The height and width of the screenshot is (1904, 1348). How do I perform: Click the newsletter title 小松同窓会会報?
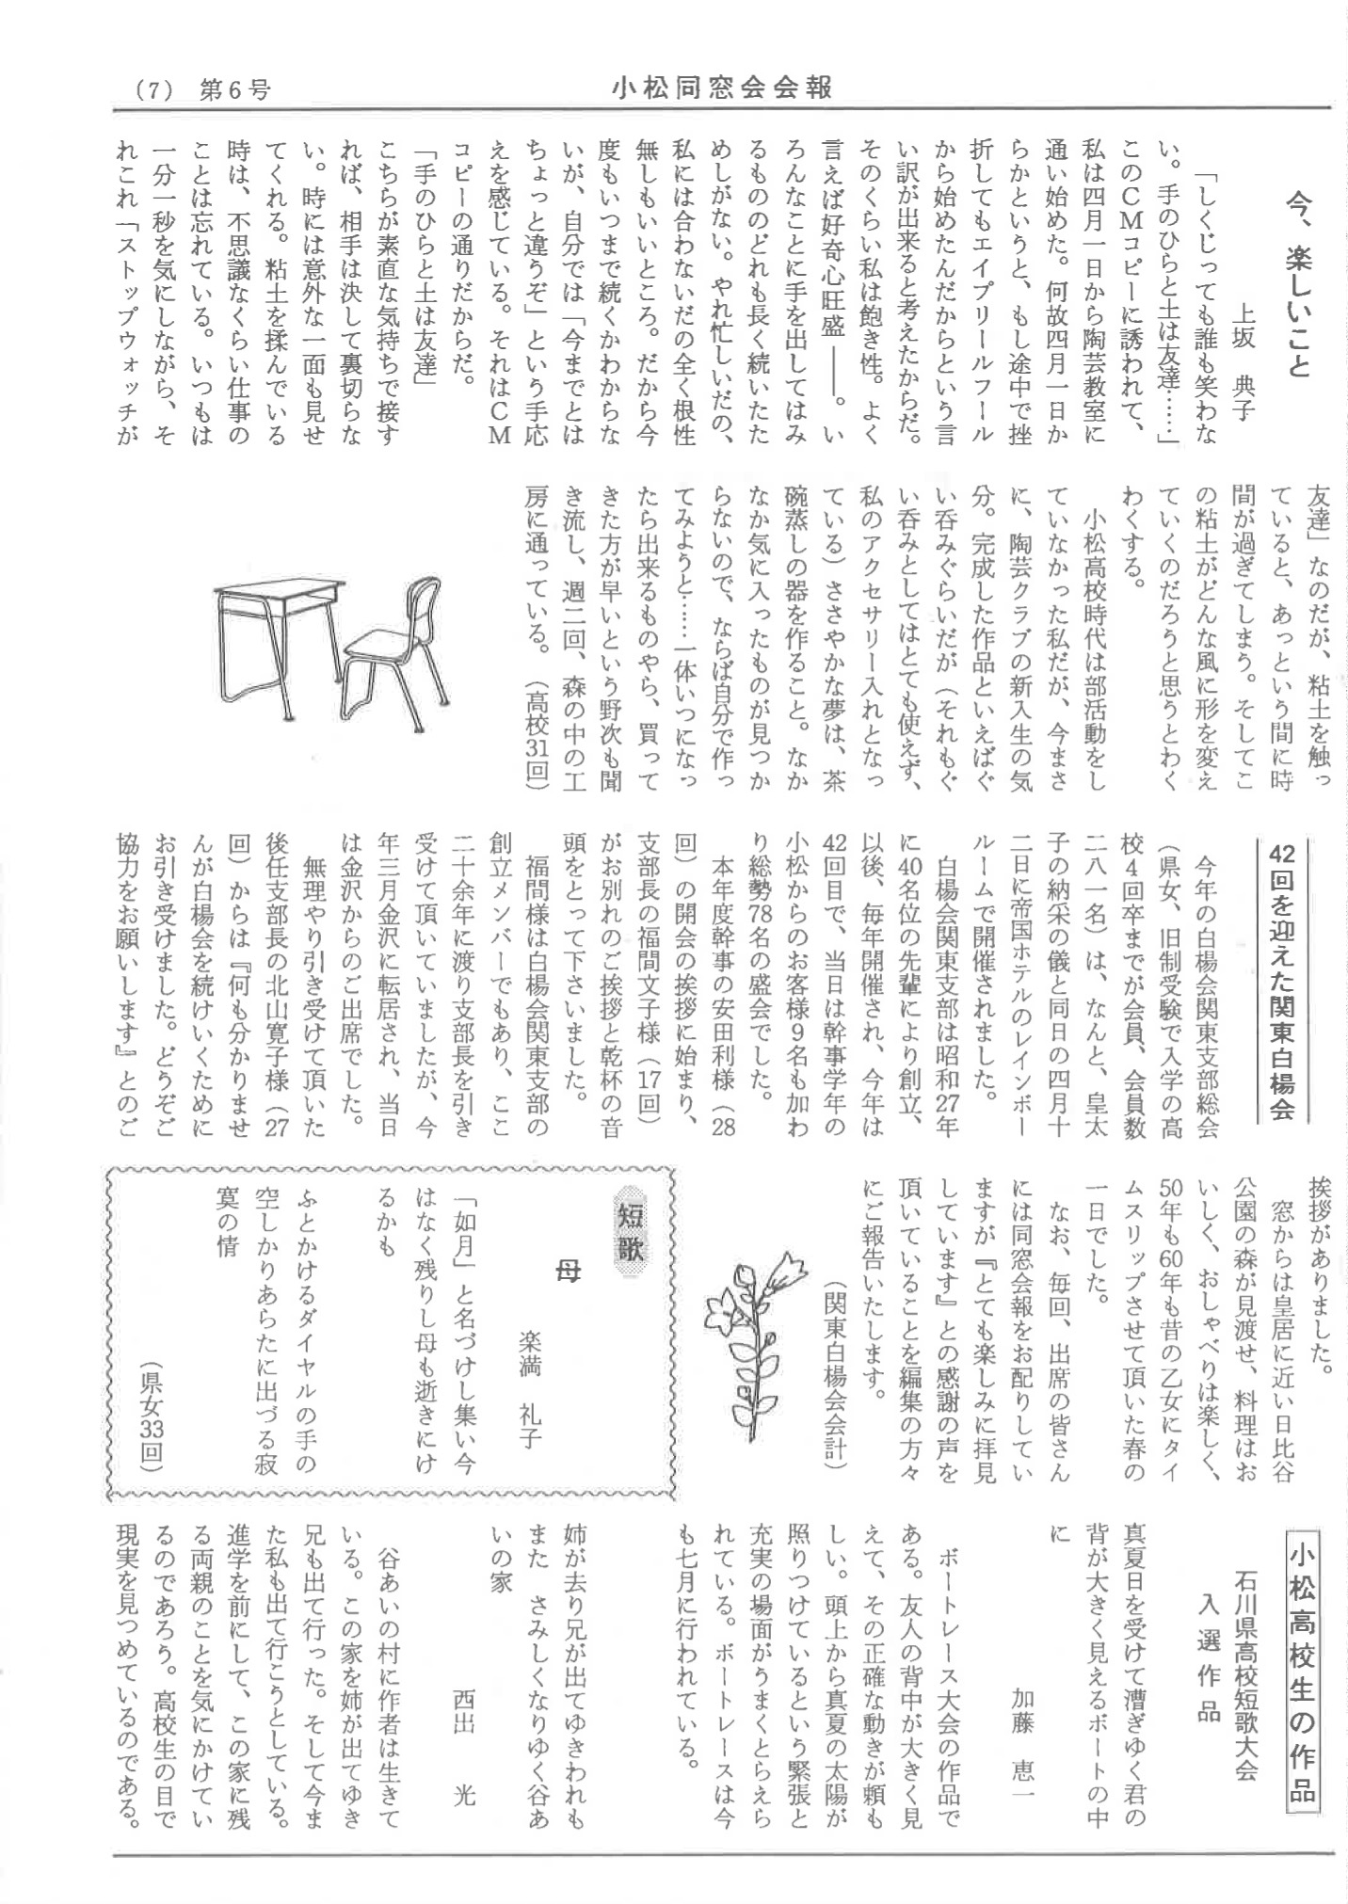722,88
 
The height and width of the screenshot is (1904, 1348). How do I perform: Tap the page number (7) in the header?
153,90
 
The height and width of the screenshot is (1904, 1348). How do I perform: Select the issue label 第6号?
234,90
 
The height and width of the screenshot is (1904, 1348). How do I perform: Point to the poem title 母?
570,1272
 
